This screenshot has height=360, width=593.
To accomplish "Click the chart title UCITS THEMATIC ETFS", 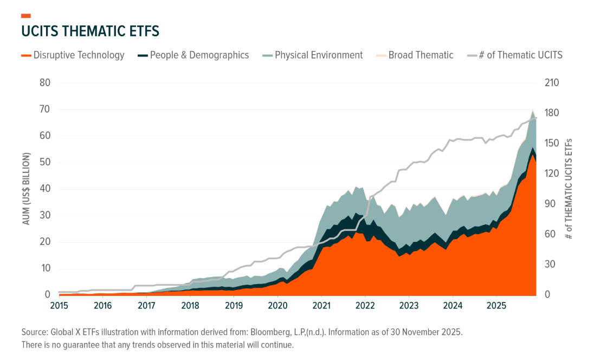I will (x=90, y=31).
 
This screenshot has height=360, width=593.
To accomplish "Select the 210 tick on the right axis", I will (x=551, y=83).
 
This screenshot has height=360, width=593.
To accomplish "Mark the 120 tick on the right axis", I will (x=551, y=173).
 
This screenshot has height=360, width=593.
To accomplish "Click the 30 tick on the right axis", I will (x=549, y=265).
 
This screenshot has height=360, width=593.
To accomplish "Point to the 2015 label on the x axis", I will (x=59, y=305).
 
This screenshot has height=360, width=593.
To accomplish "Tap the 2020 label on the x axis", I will (x=278, y=305).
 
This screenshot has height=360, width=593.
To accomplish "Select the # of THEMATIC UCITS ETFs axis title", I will (x=569, y=189).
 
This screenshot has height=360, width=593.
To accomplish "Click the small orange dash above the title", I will (x=25, y=16).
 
